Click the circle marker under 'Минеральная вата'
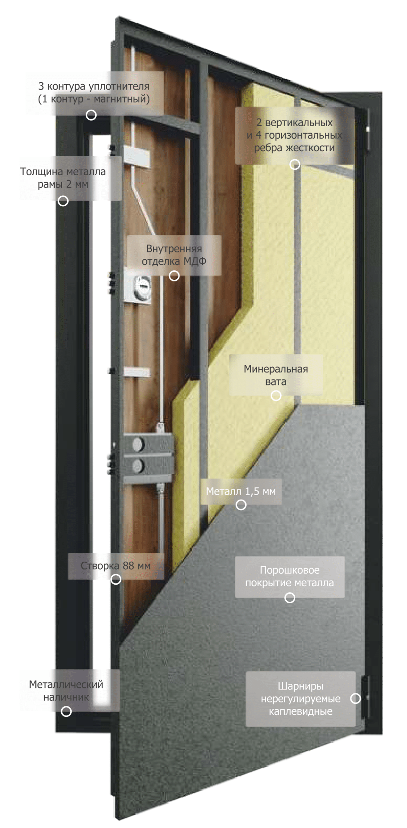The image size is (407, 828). (276, 395)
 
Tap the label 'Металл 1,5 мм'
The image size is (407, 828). (241, 491)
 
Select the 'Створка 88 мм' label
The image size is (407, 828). (115, 566)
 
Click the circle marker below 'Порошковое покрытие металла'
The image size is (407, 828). (290, 597)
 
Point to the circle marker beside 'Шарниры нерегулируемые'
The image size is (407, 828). (355, 698)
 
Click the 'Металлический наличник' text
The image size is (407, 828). (66, 691)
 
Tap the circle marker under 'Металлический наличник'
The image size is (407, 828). (66, 711)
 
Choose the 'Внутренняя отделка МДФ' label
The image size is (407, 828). (174, 255)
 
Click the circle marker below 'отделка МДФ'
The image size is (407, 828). (174, 276)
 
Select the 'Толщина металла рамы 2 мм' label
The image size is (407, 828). (63, 178)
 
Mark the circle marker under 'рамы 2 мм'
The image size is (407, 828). (63, 201)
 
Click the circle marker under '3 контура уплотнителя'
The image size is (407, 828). (91, 115)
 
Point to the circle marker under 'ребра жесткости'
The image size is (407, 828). (295, 164)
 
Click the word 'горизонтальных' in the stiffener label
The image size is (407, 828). (303, 135)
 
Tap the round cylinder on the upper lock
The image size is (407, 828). (142, 283)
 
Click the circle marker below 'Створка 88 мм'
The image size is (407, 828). (116, 579)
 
